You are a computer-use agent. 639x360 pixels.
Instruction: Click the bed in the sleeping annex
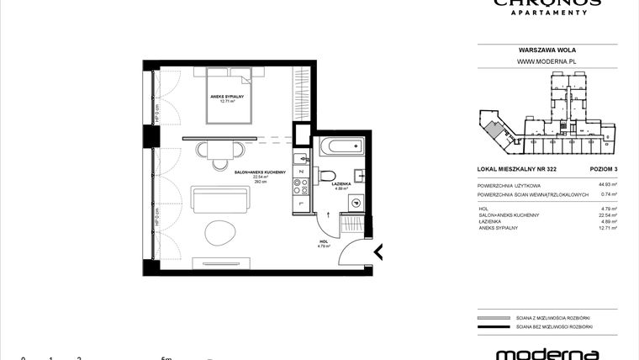tap(229, 98)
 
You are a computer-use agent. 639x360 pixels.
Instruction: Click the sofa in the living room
tap(220, 201)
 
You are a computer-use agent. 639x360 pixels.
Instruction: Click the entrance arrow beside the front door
tap(378, 251)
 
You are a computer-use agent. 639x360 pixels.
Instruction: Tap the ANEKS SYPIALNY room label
tap(227, 96)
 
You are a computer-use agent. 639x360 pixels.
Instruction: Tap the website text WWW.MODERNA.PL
tap(546, 61)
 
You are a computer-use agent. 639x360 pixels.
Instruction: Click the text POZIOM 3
tap(602, 168)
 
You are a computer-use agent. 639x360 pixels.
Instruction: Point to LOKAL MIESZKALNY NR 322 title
tap(514, 168)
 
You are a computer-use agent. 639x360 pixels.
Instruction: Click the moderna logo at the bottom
tap(547, 353)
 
